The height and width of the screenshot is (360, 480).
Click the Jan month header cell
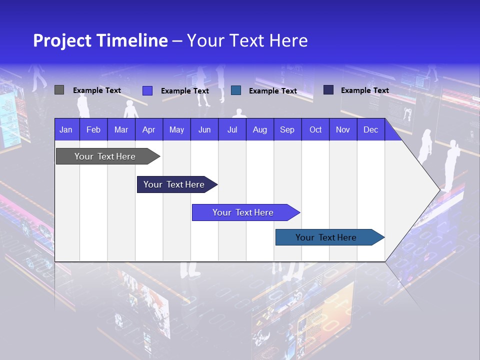tap(66, 129)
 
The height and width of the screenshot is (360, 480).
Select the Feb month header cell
tap(93, 129)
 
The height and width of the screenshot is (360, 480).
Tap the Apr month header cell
tap(149, 129)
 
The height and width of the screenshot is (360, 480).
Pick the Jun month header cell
tap(204, 129)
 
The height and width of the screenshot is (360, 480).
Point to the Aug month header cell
tap(260, 129)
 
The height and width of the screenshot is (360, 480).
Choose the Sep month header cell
tap(287, 129)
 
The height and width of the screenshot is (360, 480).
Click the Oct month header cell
tap(315, 129)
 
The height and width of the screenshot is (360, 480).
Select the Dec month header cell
tap(371, 129)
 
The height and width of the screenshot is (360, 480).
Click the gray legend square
tap(59, 90)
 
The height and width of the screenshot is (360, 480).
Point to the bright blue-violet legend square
tap(147, 90)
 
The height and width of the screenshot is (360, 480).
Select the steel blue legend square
tap(236, 90)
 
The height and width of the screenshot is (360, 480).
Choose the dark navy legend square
tap(328, 90)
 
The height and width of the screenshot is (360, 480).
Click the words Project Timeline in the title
tap(100, 40)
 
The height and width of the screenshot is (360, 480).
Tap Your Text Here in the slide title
tap(247, 40)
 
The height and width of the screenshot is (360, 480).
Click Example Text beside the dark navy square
tap(364, 90)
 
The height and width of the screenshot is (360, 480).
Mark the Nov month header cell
tap(343, 129)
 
